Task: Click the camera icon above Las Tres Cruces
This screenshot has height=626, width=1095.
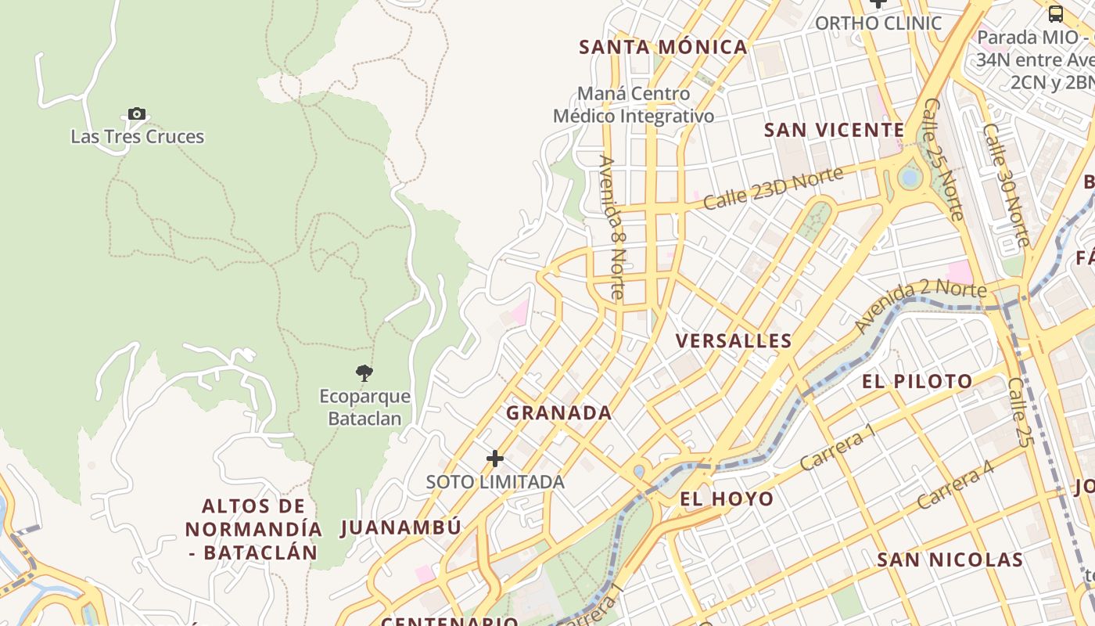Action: pos(137,114)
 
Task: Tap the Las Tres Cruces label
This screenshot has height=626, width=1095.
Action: pos(138,137)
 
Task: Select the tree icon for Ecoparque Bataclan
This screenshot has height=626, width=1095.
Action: pos(364,372)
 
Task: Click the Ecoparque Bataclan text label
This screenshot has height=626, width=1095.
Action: pos(364,408)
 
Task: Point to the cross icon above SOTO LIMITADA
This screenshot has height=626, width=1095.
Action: pos(495,459)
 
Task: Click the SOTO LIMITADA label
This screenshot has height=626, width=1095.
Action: pos(495,482)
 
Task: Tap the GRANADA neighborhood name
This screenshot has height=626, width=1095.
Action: pos(558,413)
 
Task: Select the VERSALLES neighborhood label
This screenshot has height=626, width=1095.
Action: pos(734,341)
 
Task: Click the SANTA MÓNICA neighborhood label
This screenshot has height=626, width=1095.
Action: pos(663,47)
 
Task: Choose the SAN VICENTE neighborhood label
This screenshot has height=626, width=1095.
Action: pos(834,130)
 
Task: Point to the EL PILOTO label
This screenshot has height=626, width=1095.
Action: pos(917,382)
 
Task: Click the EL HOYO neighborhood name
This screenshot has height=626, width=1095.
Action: pos(727,499)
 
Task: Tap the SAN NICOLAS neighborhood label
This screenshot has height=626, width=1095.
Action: pos(950,560)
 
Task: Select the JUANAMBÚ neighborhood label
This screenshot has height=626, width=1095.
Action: pos(401,527)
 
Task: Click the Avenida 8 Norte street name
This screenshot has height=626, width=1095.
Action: pos(612,227)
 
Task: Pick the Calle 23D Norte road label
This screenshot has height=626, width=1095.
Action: pos(773,188)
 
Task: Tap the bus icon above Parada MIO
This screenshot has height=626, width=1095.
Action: pos(1056,13)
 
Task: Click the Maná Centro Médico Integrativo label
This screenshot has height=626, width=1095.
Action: pos(634,105)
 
